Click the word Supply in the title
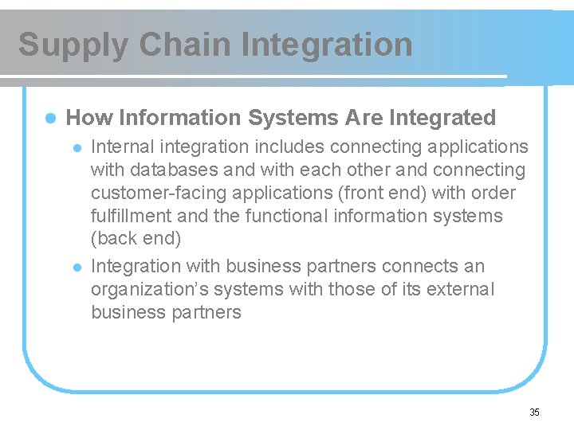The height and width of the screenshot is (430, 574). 73,45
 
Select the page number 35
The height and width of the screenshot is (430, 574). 534,412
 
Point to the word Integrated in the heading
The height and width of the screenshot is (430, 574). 442,118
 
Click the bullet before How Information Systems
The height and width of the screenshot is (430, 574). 49,118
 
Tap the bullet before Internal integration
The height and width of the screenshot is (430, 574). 77,147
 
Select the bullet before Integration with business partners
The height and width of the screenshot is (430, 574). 77,267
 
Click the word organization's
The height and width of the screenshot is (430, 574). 148,289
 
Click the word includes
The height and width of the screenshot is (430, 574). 288,147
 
